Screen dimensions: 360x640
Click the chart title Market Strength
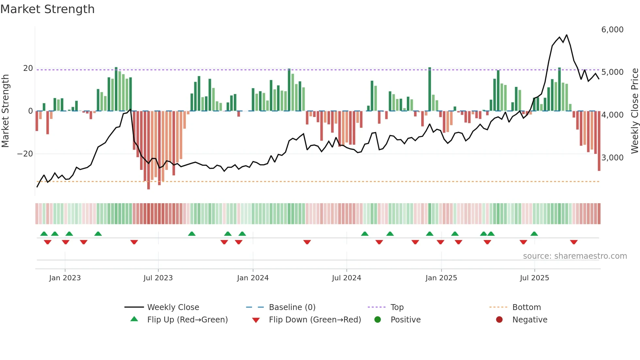[47, 9]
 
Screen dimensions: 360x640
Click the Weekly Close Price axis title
[634, 111]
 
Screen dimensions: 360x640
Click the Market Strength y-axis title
[5, 111]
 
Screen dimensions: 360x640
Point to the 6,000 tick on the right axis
[612, 30]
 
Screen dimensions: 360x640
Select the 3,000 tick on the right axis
[612, 158]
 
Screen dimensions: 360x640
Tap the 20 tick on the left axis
[28, 68]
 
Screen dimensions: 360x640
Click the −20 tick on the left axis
[25, 154]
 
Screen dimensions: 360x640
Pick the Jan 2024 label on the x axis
[253, 278]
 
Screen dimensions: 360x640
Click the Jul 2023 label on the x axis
[158, 278]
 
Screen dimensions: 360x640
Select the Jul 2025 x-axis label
[534, 278]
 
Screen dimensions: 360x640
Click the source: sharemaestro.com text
[575, 256]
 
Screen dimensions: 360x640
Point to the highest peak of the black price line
[567, 35]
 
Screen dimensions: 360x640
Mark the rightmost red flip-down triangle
[574, 242]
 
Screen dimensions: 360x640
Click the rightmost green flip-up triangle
[534, 234]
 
